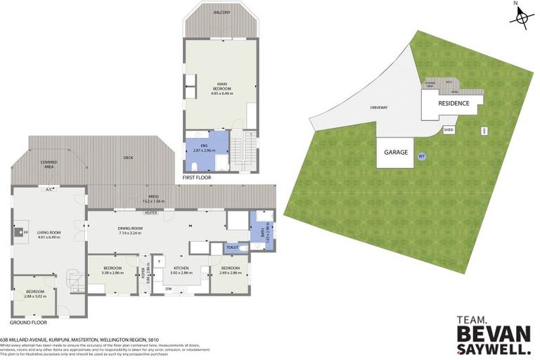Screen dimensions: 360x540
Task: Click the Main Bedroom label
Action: [221, 89]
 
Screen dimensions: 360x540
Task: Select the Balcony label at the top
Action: [220, 12]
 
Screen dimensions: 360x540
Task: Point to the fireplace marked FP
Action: [20, 231]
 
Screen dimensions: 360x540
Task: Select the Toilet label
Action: [233, 247]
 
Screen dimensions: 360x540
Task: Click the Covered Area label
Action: [49, 164]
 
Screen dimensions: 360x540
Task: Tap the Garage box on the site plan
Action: [397, 152]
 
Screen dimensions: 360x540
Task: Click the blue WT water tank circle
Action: [422, 156]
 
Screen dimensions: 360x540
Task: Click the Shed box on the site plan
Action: [449, 129]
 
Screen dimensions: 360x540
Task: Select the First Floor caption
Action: [197, 179]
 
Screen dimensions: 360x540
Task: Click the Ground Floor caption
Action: [28, 322]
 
